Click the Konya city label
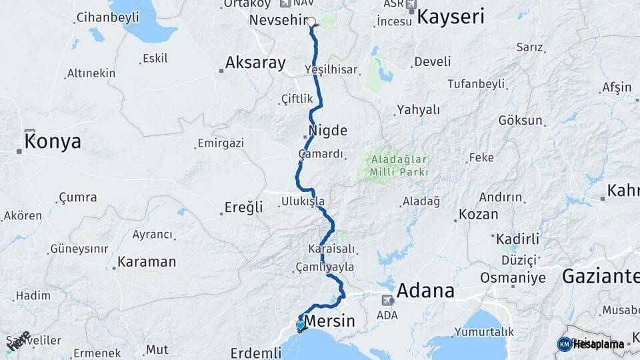(53, 141)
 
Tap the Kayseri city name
(451, 17)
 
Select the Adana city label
(425, 291)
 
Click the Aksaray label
(255, 63)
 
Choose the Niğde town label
(328, 130)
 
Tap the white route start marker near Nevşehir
(311, 21)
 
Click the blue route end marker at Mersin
(301, 325)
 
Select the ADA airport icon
(387, 300)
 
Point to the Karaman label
(147, 261)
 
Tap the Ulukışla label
(303, 201)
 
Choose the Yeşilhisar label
(331, 69)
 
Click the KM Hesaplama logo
(591, 344)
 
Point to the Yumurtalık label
(484, 331)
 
